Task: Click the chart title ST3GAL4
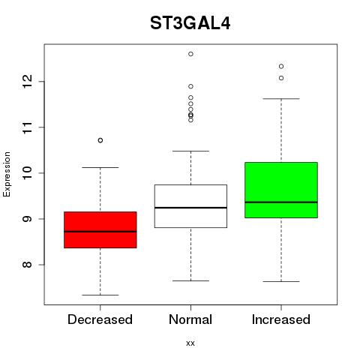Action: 190,23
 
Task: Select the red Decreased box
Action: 100,229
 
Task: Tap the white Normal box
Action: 190,206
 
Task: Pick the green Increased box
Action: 281,190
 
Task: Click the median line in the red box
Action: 100,232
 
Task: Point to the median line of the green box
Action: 281,202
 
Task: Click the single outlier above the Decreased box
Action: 100,140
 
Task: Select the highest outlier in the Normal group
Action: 190,54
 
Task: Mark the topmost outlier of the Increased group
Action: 281,66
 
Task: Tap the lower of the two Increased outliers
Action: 281,78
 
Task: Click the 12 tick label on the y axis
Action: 27,82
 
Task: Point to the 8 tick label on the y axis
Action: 27,265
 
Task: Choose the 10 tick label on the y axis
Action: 27,173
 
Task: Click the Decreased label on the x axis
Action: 100,319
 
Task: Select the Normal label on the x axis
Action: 190,319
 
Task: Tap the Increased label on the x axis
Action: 281,319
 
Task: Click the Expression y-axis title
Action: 7,174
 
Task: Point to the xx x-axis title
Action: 190,343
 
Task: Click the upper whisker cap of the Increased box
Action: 281,99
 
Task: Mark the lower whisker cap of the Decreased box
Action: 100,295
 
